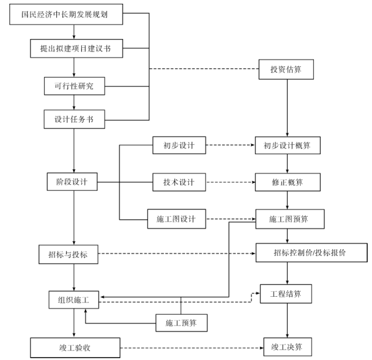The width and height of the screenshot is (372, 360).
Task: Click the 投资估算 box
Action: [x=287, y=69]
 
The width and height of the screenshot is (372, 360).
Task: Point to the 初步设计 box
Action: [x=178, y=146]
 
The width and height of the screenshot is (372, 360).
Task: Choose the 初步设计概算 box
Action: [x=287, y=146]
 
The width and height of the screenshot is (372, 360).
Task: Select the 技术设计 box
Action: [x=178, y=182]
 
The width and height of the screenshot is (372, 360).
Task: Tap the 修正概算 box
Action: [x=287, y=182]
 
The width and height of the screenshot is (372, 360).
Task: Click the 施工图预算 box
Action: [x=287, y=219]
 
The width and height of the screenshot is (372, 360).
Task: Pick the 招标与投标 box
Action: [x=73, y=253]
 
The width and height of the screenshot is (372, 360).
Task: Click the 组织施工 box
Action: [x=73, y=300]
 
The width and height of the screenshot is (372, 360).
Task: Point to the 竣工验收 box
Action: [x=73, y=345]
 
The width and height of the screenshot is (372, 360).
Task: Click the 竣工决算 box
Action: [x=287, y=345]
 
